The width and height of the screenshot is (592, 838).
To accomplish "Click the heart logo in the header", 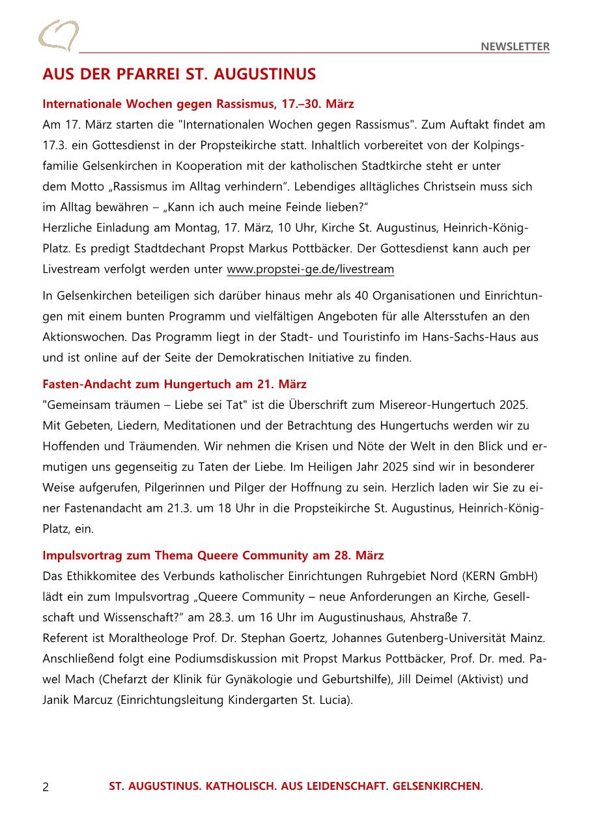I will tap(58, 35).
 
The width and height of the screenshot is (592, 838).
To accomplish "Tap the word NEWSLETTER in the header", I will tap(515, 46).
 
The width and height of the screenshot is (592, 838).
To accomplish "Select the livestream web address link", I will tap(310, 269).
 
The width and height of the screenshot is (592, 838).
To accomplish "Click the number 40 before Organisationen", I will tap(363, 296).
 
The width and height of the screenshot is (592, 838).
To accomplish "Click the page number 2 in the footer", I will tap(46, 787).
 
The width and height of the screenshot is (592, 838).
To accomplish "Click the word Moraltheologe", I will tap(136, 638).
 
